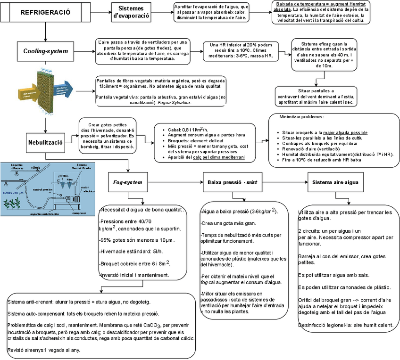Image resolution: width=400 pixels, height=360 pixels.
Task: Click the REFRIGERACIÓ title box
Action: tap(45, 13)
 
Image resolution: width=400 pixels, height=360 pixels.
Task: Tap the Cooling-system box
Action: tap(45, 51)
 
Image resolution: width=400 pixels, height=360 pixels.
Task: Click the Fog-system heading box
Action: tap(128, 182)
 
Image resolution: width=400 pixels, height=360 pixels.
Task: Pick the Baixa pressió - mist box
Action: tap(229, 182)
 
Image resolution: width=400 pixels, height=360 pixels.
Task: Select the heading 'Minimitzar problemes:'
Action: tap(301, 116)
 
